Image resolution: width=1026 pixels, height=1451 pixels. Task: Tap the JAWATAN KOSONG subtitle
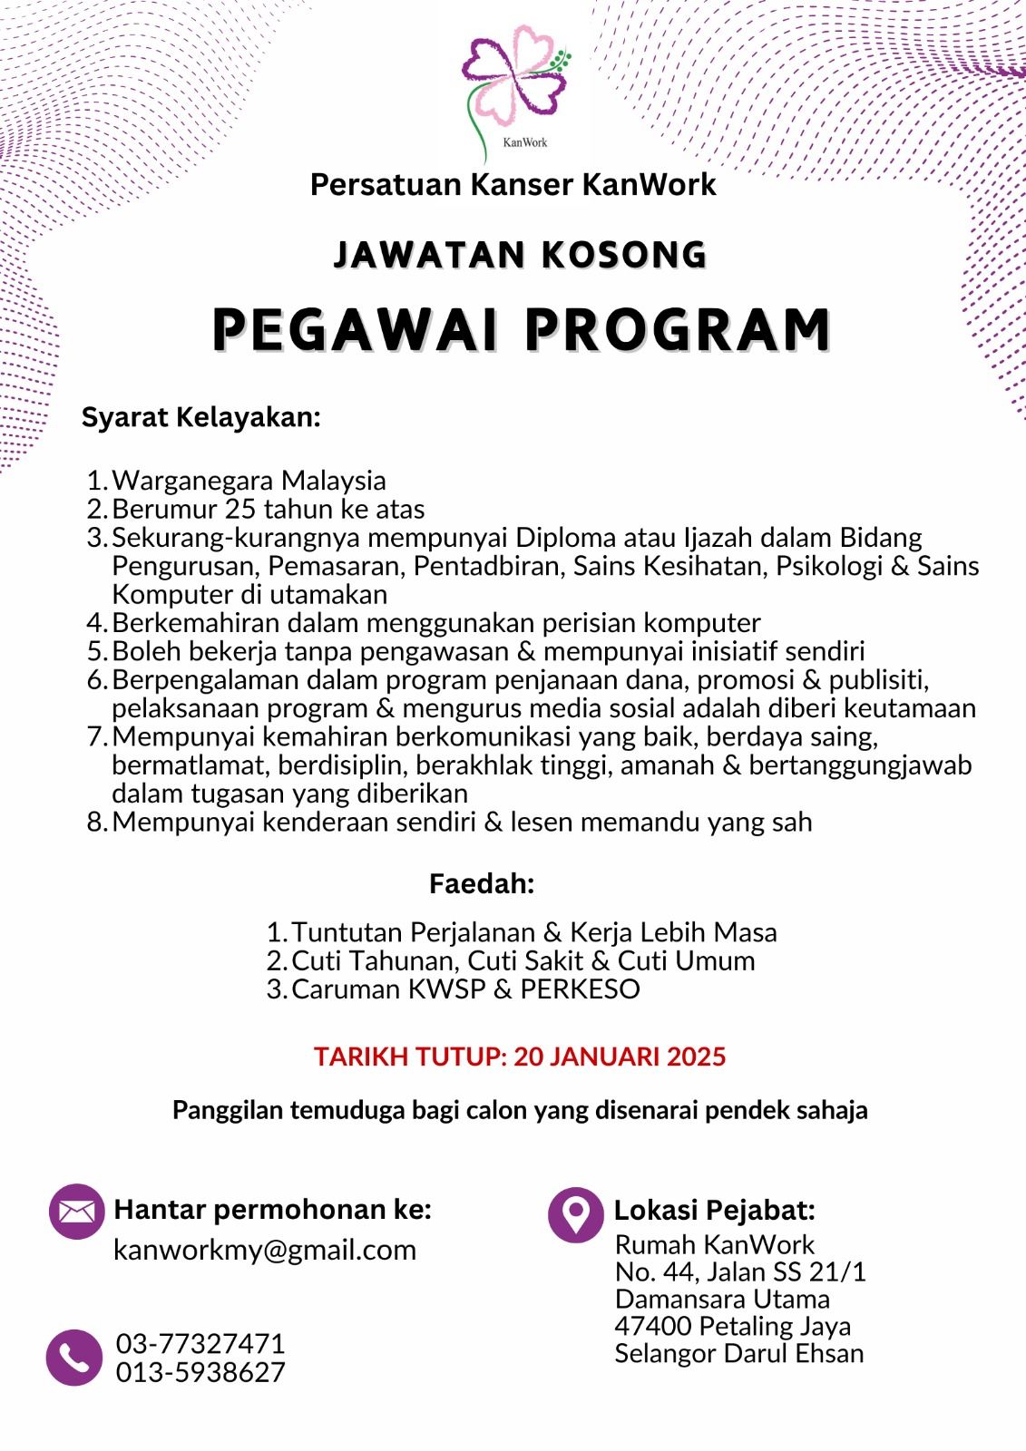(520, 255)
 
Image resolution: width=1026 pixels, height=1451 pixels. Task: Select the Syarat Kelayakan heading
(201, 417)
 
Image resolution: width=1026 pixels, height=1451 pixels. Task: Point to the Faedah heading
(482, 883)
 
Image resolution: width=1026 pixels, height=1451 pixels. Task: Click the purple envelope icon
(77, 1212)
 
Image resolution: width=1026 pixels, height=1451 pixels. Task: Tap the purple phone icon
(73, 1358)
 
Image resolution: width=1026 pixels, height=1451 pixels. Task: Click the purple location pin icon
(575, 1214)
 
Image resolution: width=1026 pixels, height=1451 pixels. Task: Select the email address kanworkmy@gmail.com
(264, 1250)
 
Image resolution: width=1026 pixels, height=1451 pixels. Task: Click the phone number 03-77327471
(200, 1343)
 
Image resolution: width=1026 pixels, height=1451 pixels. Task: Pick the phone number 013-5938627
(200, 1372)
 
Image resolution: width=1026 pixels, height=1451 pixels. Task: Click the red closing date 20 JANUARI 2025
(620, 1057)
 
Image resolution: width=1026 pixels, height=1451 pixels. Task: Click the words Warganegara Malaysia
(249, 480)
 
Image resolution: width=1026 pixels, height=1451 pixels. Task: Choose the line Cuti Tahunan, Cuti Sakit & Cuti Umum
(523, 960)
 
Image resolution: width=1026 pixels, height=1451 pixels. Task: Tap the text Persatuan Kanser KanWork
(513, 184)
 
